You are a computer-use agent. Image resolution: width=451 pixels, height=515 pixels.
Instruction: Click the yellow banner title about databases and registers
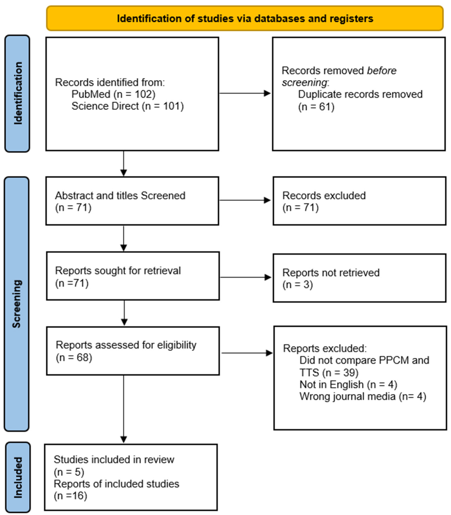[x=245, y=19]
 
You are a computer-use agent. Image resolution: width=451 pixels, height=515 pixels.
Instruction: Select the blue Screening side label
[x=17, y=304]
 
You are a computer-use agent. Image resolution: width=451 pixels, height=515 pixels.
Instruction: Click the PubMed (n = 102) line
[x=113, y=94]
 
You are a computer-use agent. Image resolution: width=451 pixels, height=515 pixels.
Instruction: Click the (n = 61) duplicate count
[x=316, y=107]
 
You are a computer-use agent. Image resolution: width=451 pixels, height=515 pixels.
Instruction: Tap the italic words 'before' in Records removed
[x=381, y=71]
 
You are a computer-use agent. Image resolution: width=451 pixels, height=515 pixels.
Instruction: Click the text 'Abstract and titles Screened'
[x=120, y=196]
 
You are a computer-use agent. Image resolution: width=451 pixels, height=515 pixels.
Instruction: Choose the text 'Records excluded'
[x=324, y=196]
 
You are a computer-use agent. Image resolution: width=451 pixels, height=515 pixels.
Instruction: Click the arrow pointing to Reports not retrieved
[x=245, y=277]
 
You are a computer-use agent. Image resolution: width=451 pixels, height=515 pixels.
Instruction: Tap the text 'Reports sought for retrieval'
[x=118, y=271]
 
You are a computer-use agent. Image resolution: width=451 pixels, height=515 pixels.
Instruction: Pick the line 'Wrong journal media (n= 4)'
[x=363, y=396]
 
